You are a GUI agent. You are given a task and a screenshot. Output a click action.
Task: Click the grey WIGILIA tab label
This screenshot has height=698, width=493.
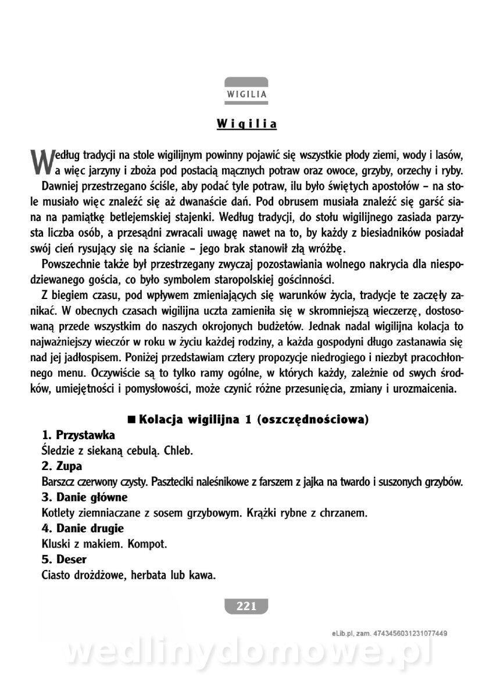tap(246, 93)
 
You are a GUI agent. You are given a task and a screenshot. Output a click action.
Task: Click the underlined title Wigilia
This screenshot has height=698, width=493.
tap(246, 124)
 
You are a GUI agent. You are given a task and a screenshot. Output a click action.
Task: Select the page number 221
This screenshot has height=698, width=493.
tap(246, 606)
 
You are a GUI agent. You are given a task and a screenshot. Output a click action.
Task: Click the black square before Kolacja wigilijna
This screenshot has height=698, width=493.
tap(131, 419)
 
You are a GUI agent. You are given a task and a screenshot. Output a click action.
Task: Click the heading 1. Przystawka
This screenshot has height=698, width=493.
tap(78, 435)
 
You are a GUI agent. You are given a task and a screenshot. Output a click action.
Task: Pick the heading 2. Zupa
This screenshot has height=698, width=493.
tap(62, 466)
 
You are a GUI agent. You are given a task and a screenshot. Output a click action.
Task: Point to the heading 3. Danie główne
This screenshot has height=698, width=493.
tap(85, 497)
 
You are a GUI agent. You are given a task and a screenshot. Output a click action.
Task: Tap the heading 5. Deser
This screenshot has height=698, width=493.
tap(65, 560)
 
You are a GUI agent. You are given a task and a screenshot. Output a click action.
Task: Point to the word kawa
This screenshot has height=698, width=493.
tap(202, 576)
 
